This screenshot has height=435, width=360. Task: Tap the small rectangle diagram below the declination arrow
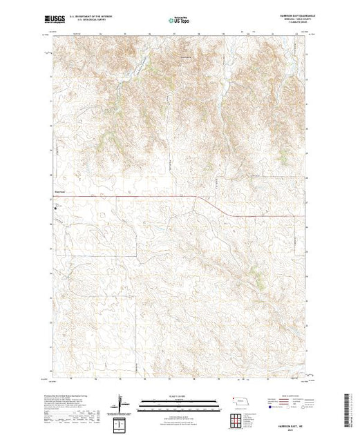(122, 423)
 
